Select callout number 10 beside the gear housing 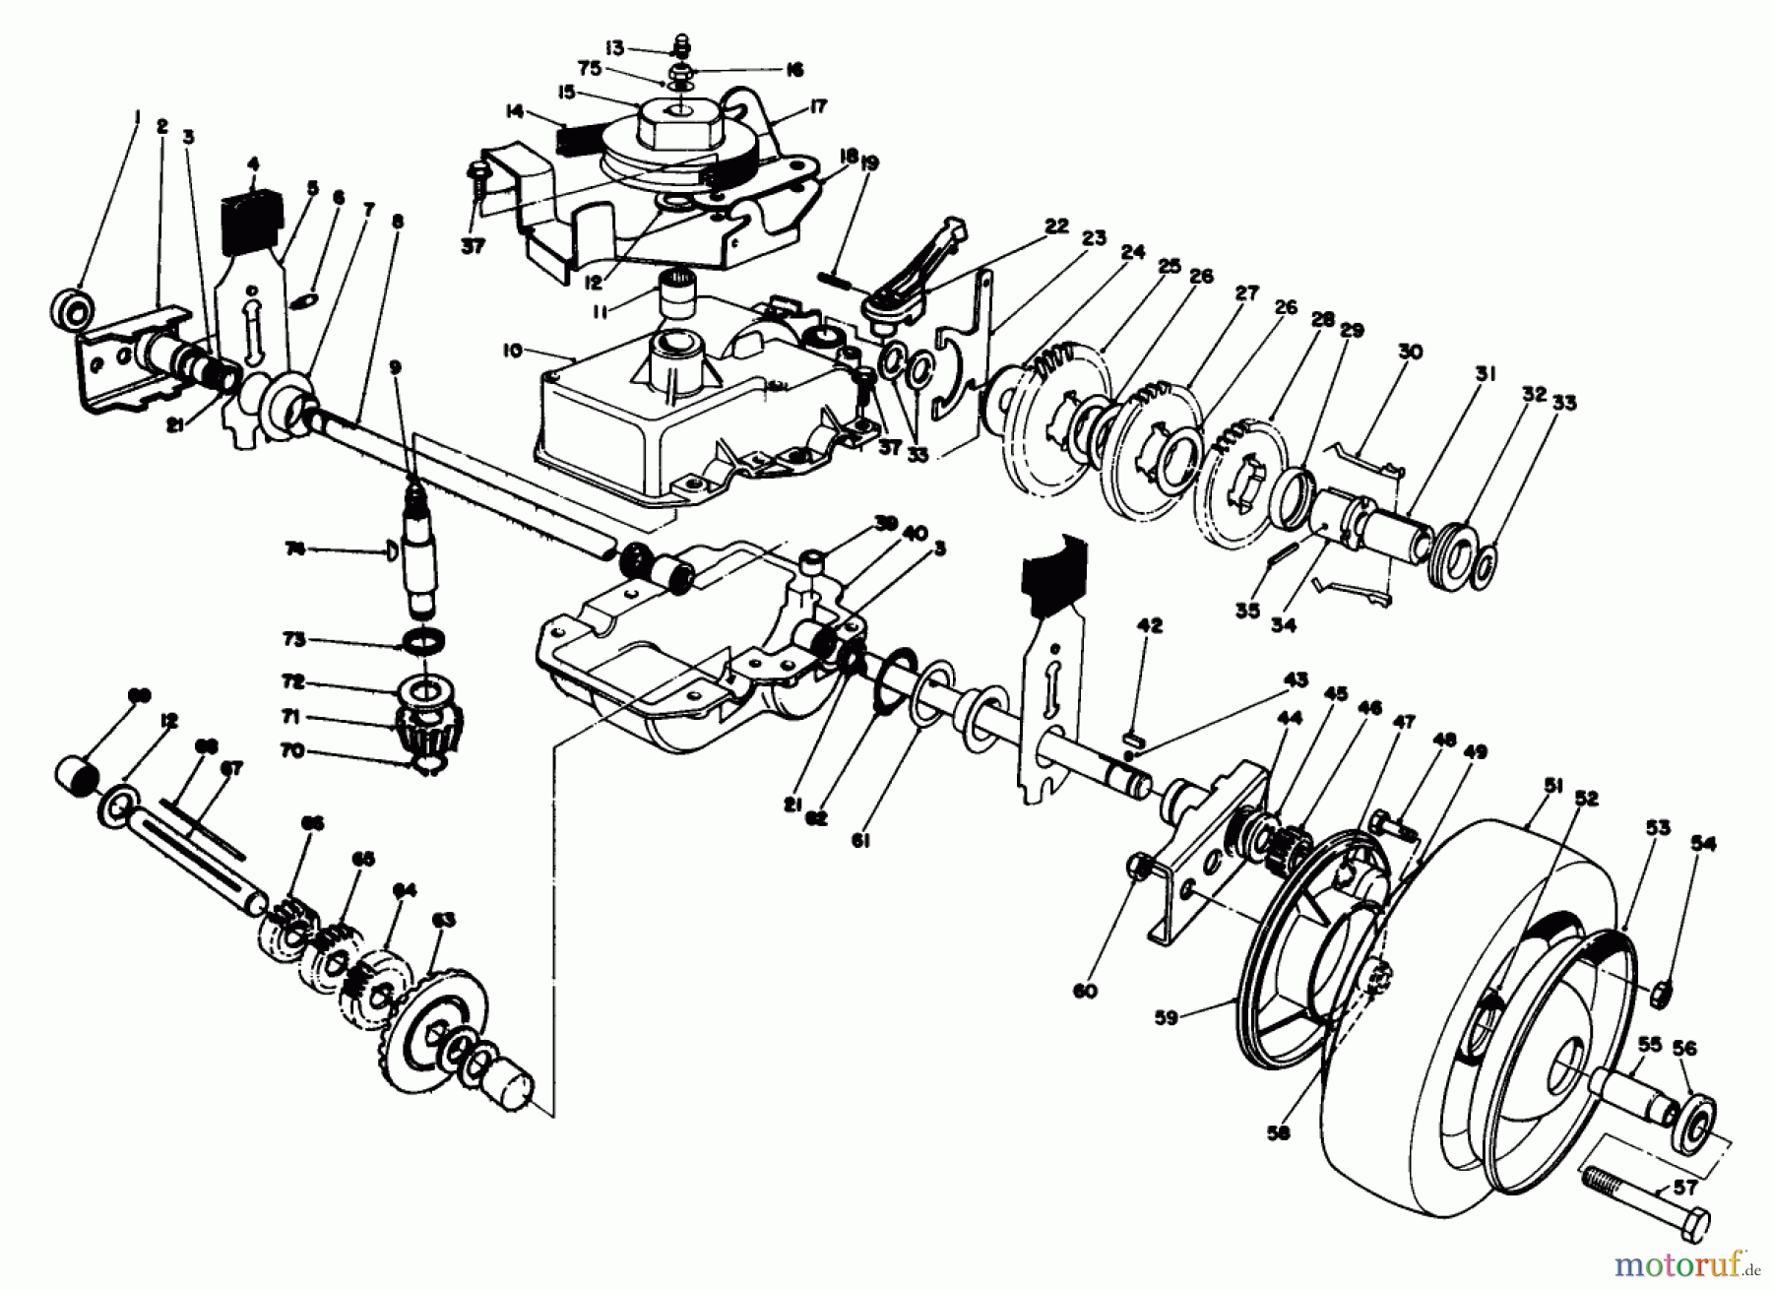(565, 350)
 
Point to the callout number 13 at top (642, 46)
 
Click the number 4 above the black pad (253, 164)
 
